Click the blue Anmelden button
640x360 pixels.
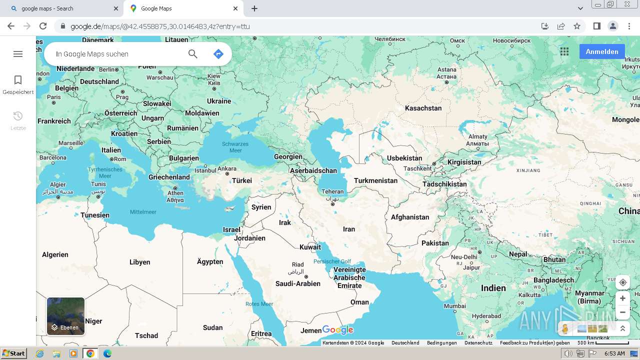tap(601, 51)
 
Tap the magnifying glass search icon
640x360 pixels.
tap(193, 54)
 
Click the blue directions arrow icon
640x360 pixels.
tap(218, 54)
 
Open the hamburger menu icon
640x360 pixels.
tap(18, 54)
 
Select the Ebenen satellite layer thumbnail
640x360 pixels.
tap(65, 316)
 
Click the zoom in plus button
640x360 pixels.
tap(622, 298)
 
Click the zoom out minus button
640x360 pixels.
tap(622, 312)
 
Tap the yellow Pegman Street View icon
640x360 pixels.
tap(565, 328)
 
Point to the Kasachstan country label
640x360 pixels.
tap(423, 108)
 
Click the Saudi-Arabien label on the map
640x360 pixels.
tap(298, 283)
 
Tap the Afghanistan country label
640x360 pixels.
tap(410, 217)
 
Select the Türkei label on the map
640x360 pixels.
tap(242, 180)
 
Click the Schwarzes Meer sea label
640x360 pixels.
tap(235, 147)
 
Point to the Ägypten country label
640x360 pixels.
tap(210, 261)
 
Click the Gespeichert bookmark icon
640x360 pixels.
tap(18, 80)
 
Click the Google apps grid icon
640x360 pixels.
tap(564, 51)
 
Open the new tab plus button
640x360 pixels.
tap(254, 8)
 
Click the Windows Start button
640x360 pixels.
tap(13, 353)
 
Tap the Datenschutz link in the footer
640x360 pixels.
tap(478, 343)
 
